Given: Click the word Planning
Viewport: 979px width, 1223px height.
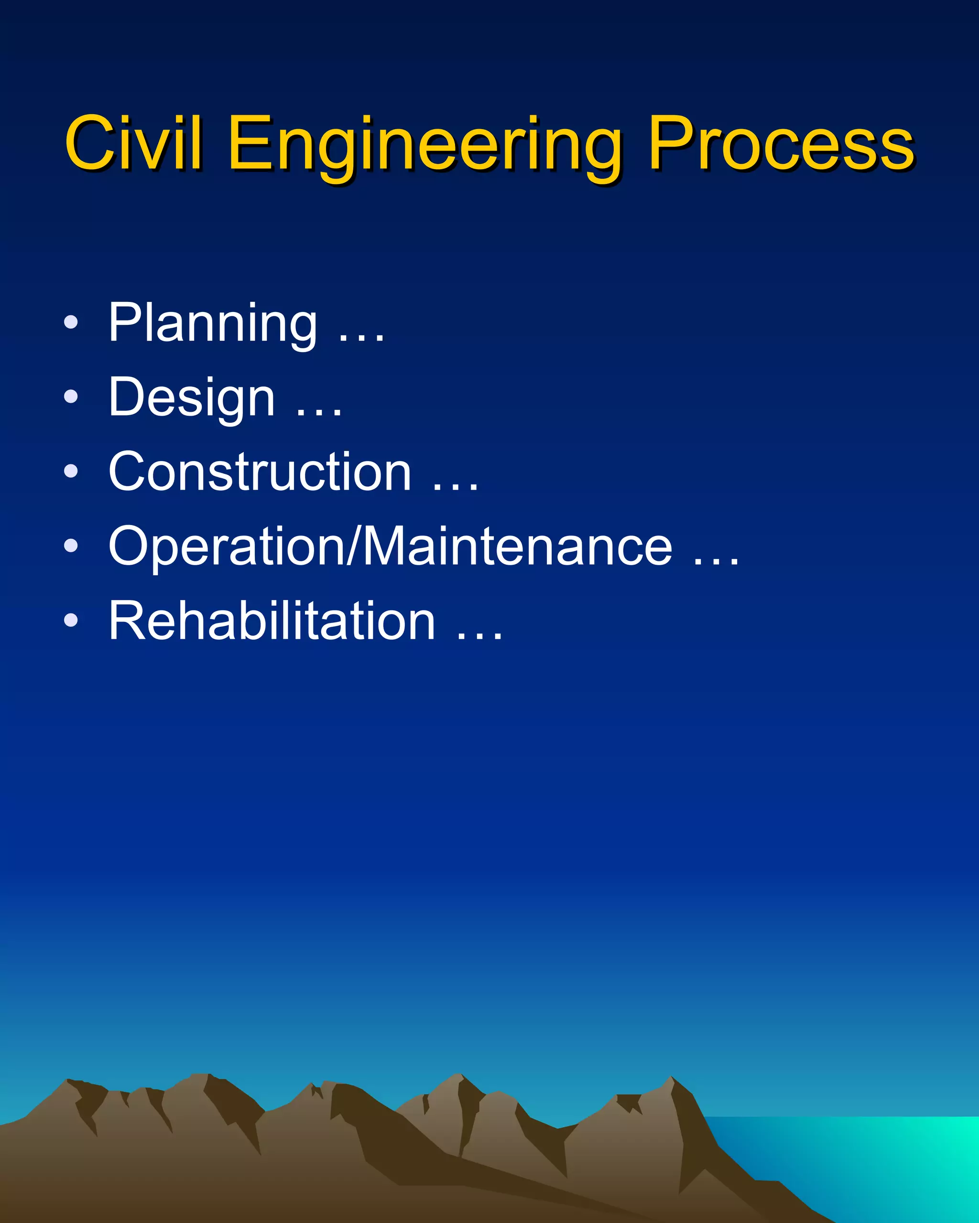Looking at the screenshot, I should click(213, 323).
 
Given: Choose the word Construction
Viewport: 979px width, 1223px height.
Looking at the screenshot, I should click(260, 472).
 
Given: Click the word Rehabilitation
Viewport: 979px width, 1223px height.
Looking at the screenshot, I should click(272, 621).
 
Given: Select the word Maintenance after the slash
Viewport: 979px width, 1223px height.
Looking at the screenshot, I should click(517, 546).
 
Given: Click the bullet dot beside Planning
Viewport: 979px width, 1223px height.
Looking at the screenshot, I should click(71, 322).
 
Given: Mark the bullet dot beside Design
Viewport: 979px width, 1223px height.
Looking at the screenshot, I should click(71, 397).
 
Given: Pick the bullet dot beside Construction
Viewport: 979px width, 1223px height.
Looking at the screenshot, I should click(71, 471).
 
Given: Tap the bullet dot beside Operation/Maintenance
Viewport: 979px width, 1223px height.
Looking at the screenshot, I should click(71, 546).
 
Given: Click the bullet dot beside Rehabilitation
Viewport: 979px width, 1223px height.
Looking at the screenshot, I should click(71, 620).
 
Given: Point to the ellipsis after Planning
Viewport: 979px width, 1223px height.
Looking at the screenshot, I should click(361, 339).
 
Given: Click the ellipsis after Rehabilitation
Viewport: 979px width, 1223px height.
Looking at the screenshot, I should click(479, 637).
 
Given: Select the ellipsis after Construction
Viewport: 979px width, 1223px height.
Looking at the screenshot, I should click(455, 487).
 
